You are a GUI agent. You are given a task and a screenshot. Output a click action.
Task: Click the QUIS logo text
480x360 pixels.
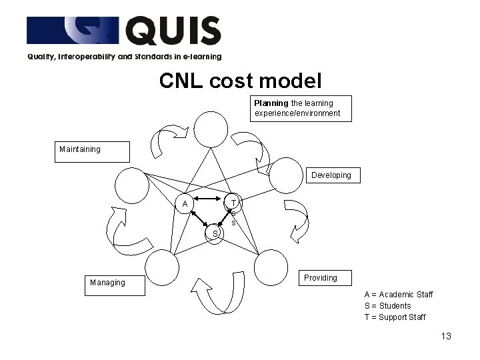pos(173,31)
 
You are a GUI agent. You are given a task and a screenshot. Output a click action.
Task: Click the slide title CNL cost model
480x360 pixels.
pos(240,81)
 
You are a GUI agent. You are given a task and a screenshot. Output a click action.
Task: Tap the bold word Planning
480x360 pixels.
pos(271,103)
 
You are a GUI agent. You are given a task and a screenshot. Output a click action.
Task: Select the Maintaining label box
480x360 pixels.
pos(92,151)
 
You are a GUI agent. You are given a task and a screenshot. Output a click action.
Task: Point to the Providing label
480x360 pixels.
pos(321,278)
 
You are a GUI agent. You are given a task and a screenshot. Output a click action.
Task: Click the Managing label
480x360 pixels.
pos(107,283)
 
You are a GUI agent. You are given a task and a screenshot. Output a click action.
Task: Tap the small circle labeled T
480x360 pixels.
pos(233,202)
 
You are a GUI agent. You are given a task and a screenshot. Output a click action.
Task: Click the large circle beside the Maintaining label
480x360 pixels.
pos(131,185)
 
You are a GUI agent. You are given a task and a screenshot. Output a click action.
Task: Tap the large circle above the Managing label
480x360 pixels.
pos(162,267)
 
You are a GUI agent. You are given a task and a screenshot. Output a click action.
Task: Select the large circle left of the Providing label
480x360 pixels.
pos(271,267)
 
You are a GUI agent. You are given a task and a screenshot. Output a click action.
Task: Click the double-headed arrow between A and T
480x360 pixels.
pos(209,199)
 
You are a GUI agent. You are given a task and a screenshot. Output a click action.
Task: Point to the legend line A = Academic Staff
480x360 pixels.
pos(398,295)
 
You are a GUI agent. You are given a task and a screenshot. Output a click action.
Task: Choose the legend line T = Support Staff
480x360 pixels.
pos(395,317)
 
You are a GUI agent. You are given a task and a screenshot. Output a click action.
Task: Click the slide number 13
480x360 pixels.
pos(446,336)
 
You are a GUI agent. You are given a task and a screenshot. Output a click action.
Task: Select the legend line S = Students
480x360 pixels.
pos(387,306)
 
